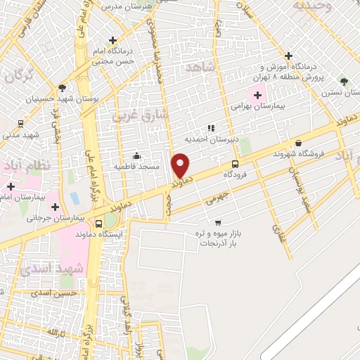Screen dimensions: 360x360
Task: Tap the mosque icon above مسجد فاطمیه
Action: (136, 156)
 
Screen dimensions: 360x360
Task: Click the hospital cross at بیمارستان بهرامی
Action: (257, 96)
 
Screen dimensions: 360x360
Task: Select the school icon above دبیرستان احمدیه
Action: (210, 129)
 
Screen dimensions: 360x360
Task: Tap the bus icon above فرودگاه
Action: (236, 164)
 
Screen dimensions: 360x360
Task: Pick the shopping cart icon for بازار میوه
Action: (217, 222)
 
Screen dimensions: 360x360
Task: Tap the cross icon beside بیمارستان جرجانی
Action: (55, 207)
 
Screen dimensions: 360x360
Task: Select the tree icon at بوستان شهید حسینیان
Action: (62, 89)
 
